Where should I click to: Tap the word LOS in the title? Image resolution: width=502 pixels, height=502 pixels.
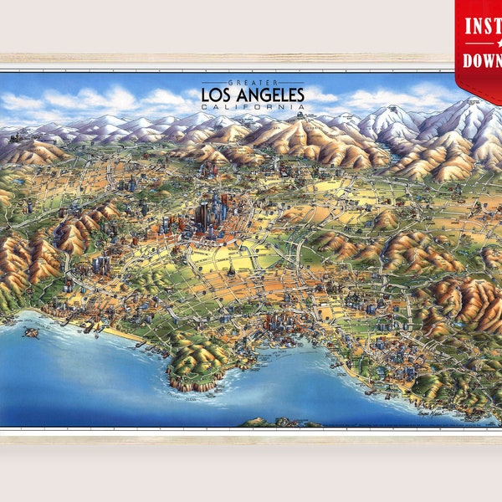[x=218, y=95]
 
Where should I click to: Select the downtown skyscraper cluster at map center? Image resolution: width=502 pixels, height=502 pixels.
[x=213, y=213]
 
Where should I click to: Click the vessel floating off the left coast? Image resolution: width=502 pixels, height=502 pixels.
[x=32, y=332]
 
